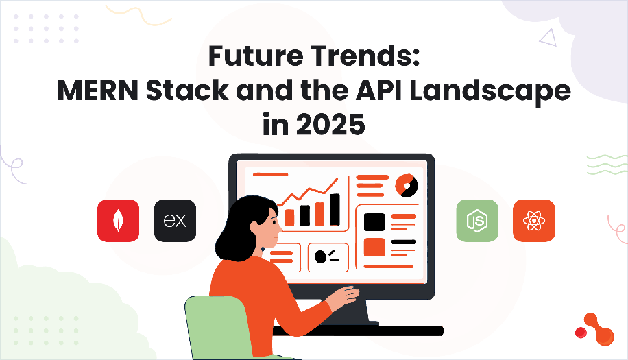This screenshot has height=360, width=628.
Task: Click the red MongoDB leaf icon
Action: tap(118, 221)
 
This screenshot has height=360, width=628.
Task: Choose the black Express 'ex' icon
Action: tap(175, 221)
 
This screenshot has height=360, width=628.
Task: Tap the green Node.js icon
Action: tap(477, 221)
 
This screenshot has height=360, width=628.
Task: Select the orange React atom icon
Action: tap(533, 221)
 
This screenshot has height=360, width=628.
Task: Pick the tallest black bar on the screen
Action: tap(335, 209)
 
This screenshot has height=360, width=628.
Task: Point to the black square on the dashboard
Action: tap(374, 221)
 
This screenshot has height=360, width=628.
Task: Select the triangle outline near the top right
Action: tap(548, 38)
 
